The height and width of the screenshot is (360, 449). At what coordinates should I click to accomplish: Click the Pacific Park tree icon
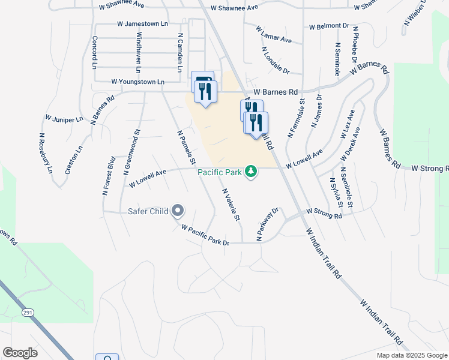click(x=250, y=172)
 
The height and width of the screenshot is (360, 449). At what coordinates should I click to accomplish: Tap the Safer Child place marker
click(x=178, y=211)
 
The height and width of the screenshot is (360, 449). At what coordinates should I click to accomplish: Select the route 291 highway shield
click(x=28, y=313)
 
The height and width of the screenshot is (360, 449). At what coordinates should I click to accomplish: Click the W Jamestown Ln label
click(x=142, y=24)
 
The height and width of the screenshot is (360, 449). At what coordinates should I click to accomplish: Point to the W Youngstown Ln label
click(x=137, y=82)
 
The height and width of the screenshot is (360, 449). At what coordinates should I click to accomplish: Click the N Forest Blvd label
click(x=108, y=176)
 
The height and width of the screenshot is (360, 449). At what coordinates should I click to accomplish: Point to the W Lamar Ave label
click(x=273, y=34)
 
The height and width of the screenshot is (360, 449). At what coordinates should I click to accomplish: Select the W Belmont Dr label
click(x=329, y=26)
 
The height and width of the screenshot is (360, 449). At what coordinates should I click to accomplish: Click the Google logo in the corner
click(x=20, y=353)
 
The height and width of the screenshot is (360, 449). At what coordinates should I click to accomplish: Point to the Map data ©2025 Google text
click(x=412, y=355)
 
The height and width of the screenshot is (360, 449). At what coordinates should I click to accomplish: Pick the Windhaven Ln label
click(x=139, y=48)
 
